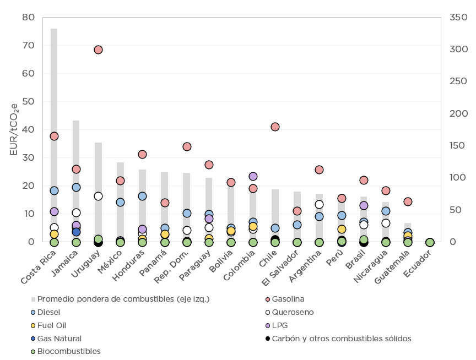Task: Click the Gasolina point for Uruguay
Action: [x=98, y=50]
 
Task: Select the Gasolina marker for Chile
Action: [x=275, y=127]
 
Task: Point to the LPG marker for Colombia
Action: [x=253, y=177]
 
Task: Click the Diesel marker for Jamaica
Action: [x=76, y=187]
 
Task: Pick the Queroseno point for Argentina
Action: [x=319, y=204]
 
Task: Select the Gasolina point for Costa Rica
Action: [x=54, y=136]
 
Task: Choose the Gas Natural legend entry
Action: [x=59, y=339]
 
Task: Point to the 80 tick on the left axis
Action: [x=28, y=18]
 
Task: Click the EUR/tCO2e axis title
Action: [x=13, y=129]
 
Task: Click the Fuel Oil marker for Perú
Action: [x=342, y=229]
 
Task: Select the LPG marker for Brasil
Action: [x=364, y=205]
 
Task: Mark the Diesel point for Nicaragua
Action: [x=386, y=211]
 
